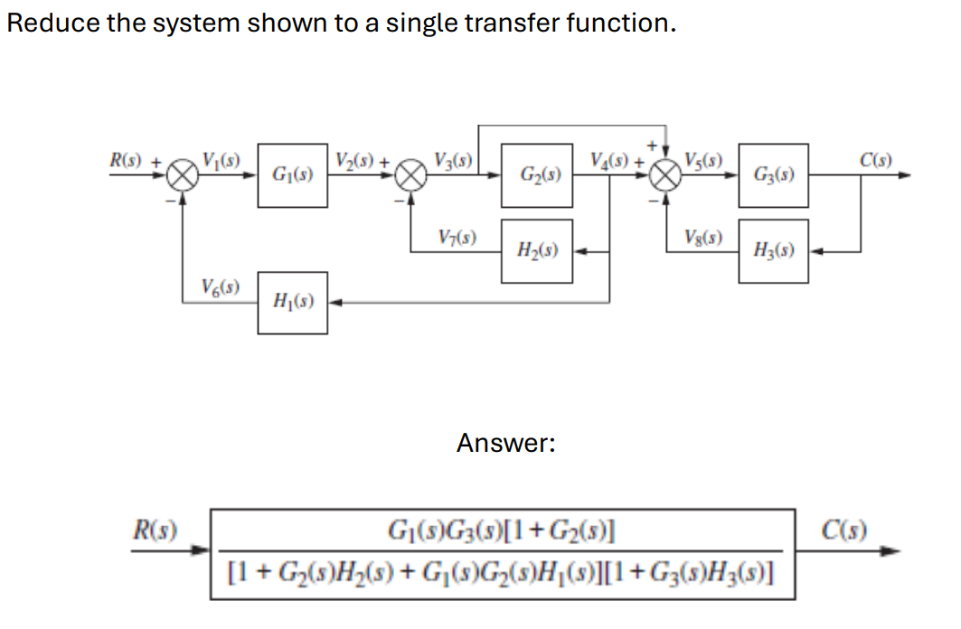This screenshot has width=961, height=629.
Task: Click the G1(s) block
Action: tap(293, 174)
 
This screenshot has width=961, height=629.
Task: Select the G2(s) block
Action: tap(538, 174)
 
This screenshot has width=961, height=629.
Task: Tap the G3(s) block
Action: tap(773, 174)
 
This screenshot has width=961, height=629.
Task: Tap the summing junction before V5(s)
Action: tap(666, 175)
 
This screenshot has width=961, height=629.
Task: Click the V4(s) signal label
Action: tap(611, 162)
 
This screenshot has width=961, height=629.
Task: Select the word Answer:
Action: tap(505, 443)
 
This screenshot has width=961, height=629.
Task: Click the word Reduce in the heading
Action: tap(52, 23)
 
